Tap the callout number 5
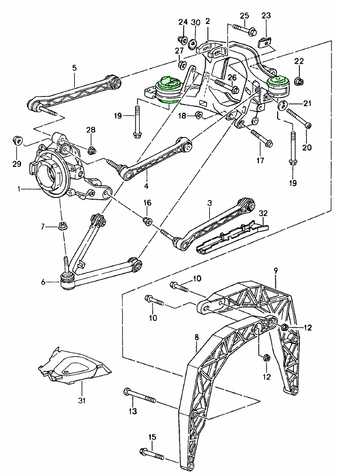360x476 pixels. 75,68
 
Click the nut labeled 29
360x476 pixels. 18,141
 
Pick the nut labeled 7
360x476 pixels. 61,226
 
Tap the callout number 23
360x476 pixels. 266,15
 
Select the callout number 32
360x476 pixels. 263,213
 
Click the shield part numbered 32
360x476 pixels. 231,236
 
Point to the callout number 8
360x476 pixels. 196,337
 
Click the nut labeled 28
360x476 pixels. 91,150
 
